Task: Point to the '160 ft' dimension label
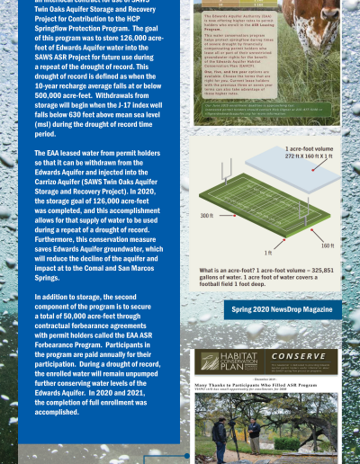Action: point(327,245)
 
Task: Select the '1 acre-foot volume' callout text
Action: point(310,147)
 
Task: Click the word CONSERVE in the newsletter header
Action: point(302,355)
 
